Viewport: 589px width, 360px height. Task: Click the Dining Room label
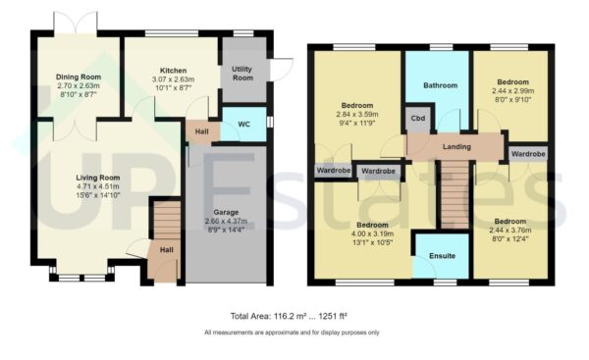coord(79,74)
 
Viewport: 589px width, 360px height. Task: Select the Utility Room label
coord(243,74)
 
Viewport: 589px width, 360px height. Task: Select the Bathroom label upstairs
coord(441,85)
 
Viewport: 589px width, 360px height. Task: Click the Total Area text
coord(290,316)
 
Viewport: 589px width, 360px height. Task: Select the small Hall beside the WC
coord(201,130)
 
